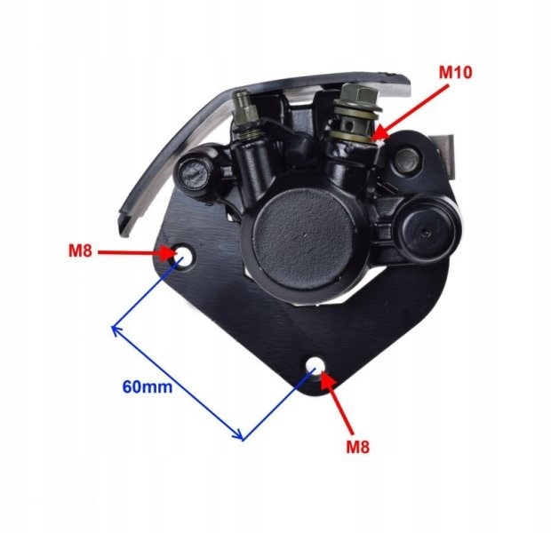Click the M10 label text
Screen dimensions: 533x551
click(x=459, y=72)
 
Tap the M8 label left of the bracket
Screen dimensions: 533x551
click(x=81, y=251)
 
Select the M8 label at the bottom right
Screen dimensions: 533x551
click(x=356, y=447)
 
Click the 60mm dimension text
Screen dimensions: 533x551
click(x=147, y=387)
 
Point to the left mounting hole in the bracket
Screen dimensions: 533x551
click(x=185, y=257)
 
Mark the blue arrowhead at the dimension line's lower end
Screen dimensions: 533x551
click(x=240, y=436)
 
